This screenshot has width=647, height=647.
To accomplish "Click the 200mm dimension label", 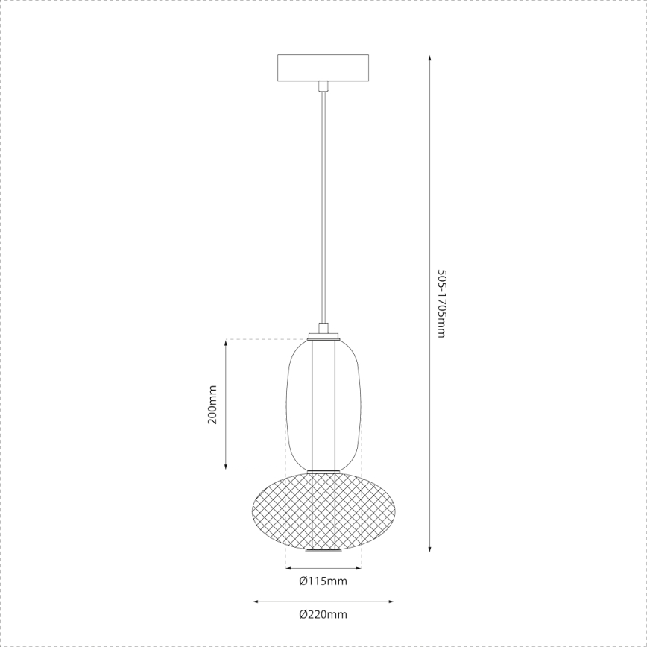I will point(212,405).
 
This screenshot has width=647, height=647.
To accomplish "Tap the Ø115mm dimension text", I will point(323,581).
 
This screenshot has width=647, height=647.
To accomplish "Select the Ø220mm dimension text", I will point(323,614).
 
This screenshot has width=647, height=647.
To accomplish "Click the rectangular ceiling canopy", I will point(323,68).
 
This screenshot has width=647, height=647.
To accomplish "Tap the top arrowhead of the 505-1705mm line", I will point(430,58).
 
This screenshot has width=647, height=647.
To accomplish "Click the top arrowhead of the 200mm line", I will point(226,344).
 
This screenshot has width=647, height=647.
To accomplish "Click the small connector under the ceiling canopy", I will point(323,86).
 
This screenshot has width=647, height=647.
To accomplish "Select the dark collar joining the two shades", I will point(323,470).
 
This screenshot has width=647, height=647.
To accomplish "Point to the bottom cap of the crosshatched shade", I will point(323,552).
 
